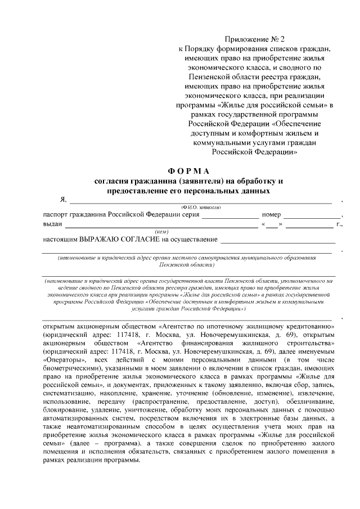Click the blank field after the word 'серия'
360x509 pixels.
[230, 215]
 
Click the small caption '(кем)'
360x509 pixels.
[162, 232]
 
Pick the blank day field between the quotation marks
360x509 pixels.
[272, 225]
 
